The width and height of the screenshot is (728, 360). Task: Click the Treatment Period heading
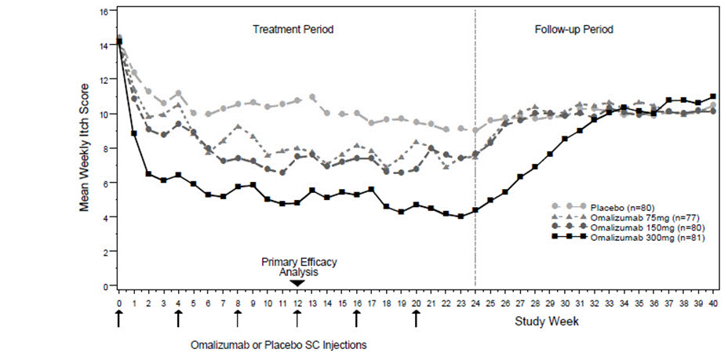293,29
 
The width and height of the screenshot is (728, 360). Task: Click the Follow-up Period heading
573,29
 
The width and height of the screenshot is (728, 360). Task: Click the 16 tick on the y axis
103,13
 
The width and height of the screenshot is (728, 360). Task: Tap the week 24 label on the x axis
475,302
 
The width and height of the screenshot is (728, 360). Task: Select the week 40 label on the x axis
712,302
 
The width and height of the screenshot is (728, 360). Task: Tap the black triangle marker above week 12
297,282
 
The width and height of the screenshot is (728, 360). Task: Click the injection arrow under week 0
118,318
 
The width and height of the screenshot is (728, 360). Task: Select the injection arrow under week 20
416,318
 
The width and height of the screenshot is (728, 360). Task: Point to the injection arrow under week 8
238,318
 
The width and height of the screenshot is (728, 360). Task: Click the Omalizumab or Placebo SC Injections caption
278,344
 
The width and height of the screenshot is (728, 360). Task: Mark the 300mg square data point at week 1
134,133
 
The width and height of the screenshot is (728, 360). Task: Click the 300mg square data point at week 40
712,96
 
